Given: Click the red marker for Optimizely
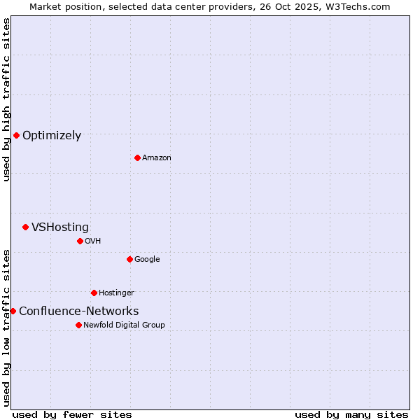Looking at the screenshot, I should (x=16, y=135).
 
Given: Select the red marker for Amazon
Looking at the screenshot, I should (x=137, y=157).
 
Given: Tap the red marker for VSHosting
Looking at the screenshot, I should (x=25, y=227).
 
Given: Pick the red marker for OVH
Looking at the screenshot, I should (x=80, y=241).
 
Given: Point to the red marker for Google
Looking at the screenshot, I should (x=129, y=259).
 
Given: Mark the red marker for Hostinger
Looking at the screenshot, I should (x=94, y=293).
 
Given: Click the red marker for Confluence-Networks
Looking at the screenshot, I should (x=13, y=311).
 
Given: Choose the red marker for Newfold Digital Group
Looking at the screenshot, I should (x=78, y=325).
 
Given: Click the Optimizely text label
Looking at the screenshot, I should (x=52, y=136).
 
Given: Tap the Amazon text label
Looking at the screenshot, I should (x=157, y=158).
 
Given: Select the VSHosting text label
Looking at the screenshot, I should (x=60, y=227).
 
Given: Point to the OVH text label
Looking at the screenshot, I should (x=93, y=241).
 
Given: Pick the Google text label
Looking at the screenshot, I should (x=147, y=260).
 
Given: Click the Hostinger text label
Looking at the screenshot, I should (x=116, y=293).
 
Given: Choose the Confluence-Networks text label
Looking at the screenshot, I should (x=78, y=311).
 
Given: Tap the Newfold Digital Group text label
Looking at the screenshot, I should (x=124, y=325).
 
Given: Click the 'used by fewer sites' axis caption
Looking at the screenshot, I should (x=72, y=414).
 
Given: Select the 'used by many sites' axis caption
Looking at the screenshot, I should (x=351, y=414).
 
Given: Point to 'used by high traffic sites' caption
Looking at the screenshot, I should (x=6, y=99).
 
